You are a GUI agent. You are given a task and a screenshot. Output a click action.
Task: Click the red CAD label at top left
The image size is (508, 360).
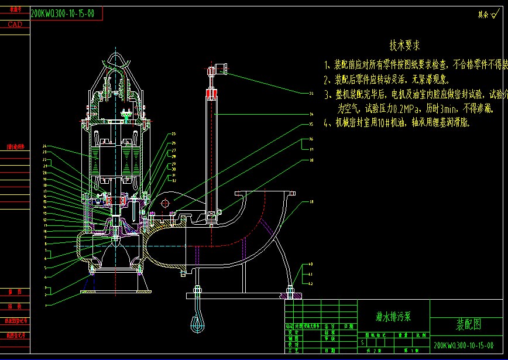point(15,25)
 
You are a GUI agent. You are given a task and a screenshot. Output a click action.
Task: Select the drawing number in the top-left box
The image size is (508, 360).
point(62,13)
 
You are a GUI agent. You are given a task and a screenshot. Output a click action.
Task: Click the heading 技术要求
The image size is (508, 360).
point(404,45)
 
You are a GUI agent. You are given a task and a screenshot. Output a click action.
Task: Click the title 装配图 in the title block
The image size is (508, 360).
point(468,324)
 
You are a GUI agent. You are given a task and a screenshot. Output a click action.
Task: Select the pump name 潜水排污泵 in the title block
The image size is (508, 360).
point(393,317)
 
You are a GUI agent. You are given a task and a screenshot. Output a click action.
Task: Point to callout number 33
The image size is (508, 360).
point(311,93)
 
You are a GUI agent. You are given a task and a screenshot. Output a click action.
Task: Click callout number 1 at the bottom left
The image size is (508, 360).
point(45,306)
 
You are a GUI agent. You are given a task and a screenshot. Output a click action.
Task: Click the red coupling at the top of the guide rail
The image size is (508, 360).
point(211,93)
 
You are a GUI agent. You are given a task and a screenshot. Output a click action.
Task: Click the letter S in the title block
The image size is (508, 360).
point(363,341)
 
